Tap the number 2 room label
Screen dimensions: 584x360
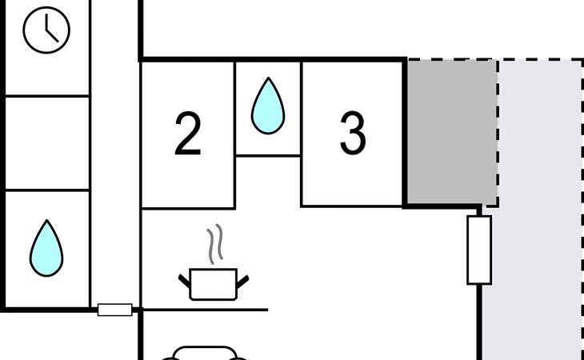(188, 134)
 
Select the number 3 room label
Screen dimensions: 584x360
(353, 134)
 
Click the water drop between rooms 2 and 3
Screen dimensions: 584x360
(268, 106)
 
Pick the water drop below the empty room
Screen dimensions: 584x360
(46, 248)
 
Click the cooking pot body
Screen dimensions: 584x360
(213, 284)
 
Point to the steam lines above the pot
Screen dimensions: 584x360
(215, 244)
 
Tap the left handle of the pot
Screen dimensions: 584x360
(184, 281)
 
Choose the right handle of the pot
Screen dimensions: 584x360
(242, 282)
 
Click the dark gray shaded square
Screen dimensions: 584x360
(452, 131)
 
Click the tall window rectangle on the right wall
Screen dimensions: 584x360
(479, 250)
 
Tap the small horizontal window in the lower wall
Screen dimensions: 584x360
(114, 310)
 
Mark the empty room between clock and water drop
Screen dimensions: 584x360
(47, 143)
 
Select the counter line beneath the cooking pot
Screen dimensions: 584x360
(206, 310)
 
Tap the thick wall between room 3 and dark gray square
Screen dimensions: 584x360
(405, 133)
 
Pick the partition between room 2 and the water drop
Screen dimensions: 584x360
(234, 134)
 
